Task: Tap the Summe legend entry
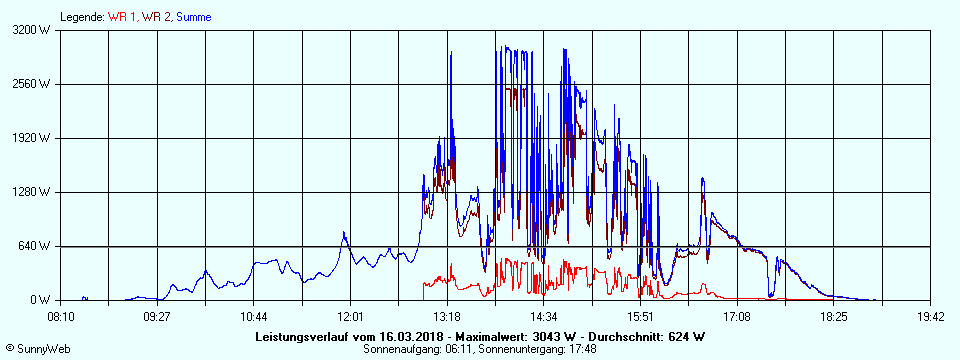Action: click(194, 17)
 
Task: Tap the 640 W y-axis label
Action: click(39, 246)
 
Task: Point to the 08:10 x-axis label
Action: click(61, 316)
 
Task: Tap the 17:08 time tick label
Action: click(737, 316)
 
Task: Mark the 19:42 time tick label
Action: click(930, 316)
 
